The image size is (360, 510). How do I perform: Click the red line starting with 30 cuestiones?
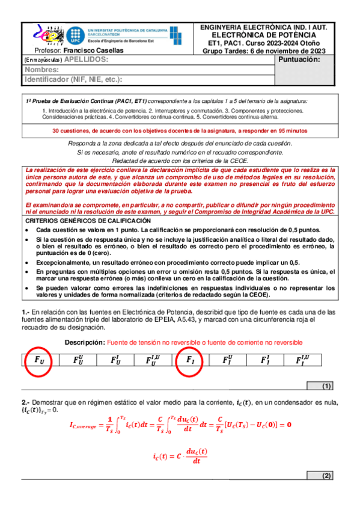click(180, 130)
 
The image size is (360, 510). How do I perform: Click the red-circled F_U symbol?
click(38, 360)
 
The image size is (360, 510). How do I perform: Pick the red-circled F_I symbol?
click(189, 360)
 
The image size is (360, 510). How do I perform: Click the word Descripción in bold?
click(83, 342)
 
